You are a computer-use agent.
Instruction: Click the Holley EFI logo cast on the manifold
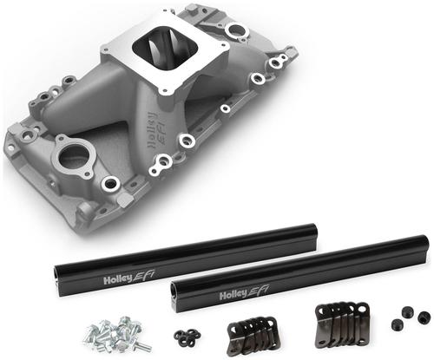click(x=155, y=129)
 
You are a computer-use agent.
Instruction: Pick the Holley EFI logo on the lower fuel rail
click(x=244, y=292)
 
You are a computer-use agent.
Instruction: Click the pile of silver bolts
click(x=118, y=333)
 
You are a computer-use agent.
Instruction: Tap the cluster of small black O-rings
click(x=187, y=337)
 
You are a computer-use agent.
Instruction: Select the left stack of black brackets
click(x=253, y=333)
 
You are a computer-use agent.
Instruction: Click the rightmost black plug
click(x=424, y=317)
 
